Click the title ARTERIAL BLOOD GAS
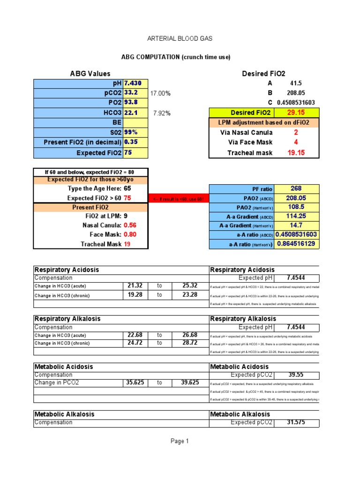180,38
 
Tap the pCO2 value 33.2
131,93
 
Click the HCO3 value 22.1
131,112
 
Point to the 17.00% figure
160,93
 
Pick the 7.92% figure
162,113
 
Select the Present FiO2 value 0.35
131,142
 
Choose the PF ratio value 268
296,188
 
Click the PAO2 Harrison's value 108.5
296,206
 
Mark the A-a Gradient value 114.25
296,216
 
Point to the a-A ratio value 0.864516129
296,244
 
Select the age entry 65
127,188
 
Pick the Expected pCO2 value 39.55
296,375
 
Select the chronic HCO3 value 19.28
135,295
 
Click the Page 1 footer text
180,441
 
